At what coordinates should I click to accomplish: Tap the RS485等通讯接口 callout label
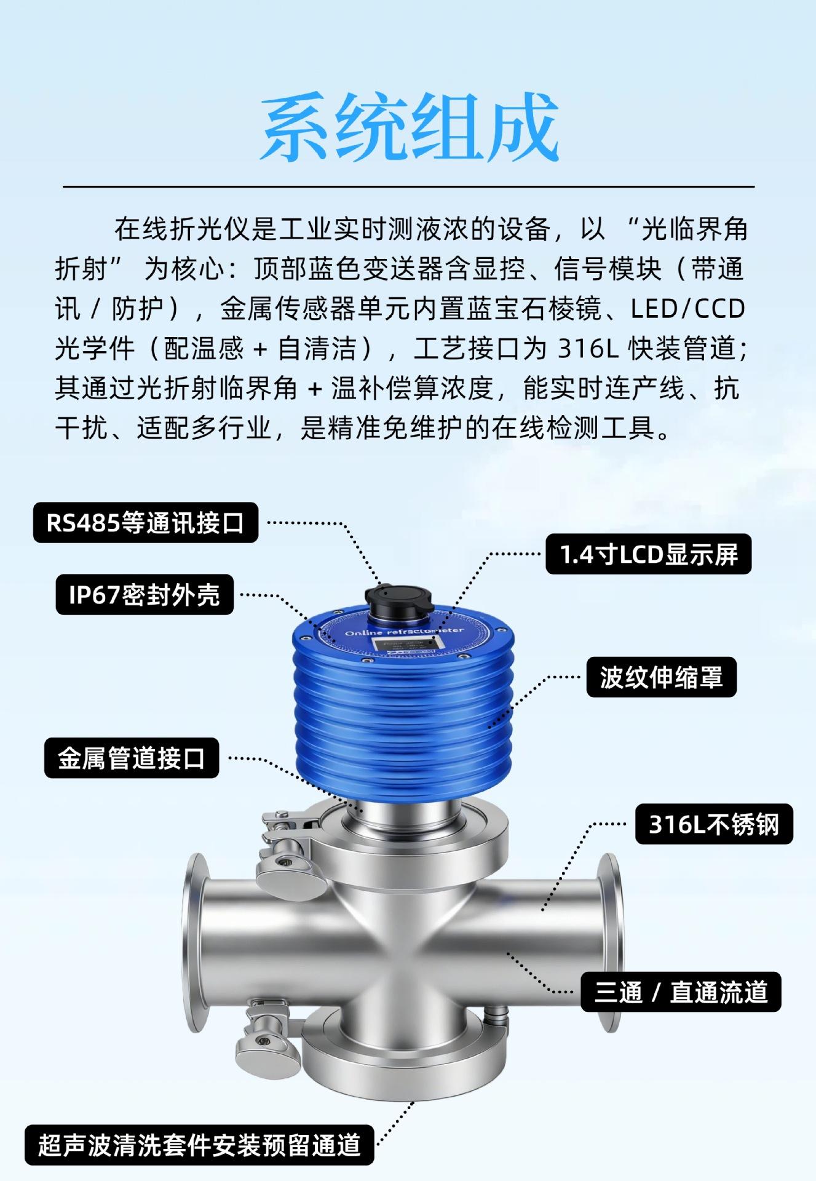146,523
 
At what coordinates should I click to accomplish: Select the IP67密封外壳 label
145,595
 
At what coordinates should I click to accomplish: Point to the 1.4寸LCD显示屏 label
649,554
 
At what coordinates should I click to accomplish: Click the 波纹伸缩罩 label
661,677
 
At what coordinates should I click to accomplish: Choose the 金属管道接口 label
132,758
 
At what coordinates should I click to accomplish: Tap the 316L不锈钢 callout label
714,824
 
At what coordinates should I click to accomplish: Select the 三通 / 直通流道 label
681,992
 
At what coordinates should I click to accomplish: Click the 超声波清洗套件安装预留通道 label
199,1145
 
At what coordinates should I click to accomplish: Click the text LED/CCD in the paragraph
688,309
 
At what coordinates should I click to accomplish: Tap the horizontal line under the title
408,186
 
